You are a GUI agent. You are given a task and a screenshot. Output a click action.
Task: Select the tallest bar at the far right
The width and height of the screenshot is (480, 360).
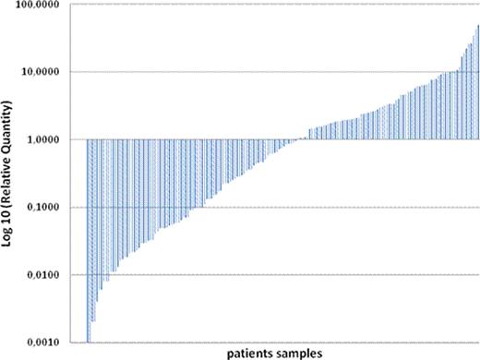[x=477, y=83]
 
